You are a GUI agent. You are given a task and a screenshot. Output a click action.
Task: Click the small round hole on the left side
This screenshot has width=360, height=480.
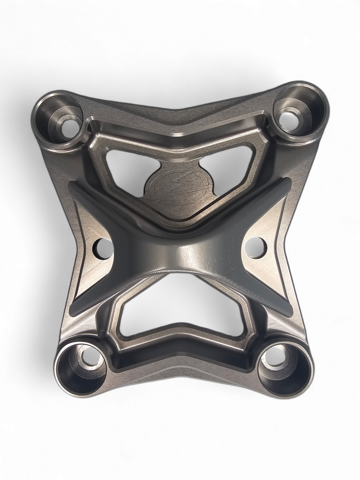(103, 248)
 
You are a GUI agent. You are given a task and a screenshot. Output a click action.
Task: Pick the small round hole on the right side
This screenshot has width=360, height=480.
(256, 247)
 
